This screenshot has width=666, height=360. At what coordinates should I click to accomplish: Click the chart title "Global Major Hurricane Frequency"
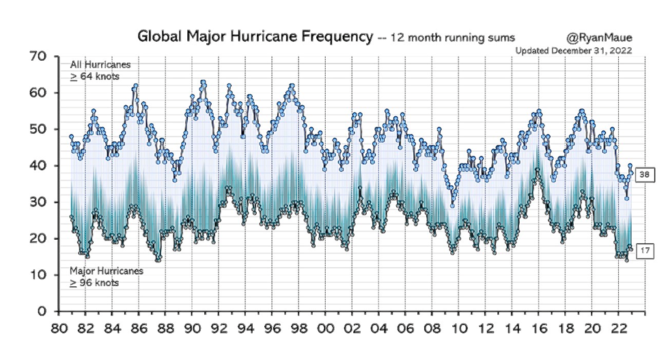pos(255,36)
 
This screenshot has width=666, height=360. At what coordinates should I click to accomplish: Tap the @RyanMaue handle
pos(599,38)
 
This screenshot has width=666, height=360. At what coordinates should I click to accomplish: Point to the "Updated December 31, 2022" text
pos(573,51)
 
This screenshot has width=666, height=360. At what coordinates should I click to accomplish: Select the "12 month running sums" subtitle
pos(452,38)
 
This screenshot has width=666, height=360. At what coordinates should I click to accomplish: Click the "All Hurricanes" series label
pos(100,64)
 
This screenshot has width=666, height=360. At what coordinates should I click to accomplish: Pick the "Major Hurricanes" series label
pos(107,271)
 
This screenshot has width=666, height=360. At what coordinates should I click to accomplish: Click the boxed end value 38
pos(645,174)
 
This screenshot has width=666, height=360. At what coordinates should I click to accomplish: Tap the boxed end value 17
pos(645,251)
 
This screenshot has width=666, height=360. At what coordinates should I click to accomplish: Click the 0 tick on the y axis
pos(42,311)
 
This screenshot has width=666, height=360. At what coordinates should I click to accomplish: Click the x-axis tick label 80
pos(59,328)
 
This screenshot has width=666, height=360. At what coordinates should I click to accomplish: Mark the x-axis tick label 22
pos(619,328)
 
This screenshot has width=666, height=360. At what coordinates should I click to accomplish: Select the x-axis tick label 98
pos(299,328)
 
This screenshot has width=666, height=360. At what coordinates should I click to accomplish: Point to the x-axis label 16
pos(538,328)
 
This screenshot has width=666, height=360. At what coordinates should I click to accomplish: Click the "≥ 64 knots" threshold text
pos(95,77)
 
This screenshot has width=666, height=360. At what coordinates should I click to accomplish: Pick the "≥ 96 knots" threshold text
pos(94,283)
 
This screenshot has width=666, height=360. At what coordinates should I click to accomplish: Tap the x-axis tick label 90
pos(192,328)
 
